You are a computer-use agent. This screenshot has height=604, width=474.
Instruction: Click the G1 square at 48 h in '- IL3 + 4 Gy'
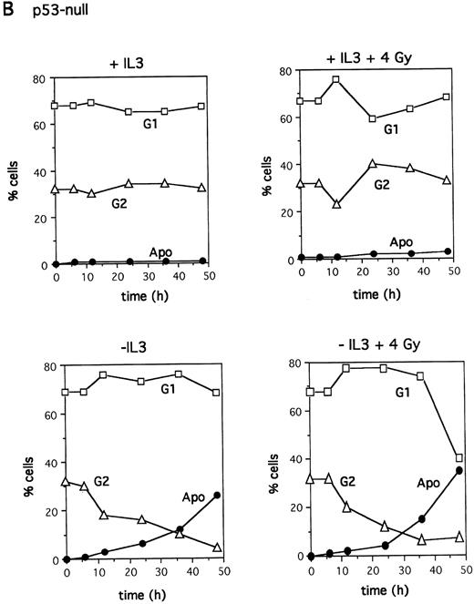click(x=459, y=458)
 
